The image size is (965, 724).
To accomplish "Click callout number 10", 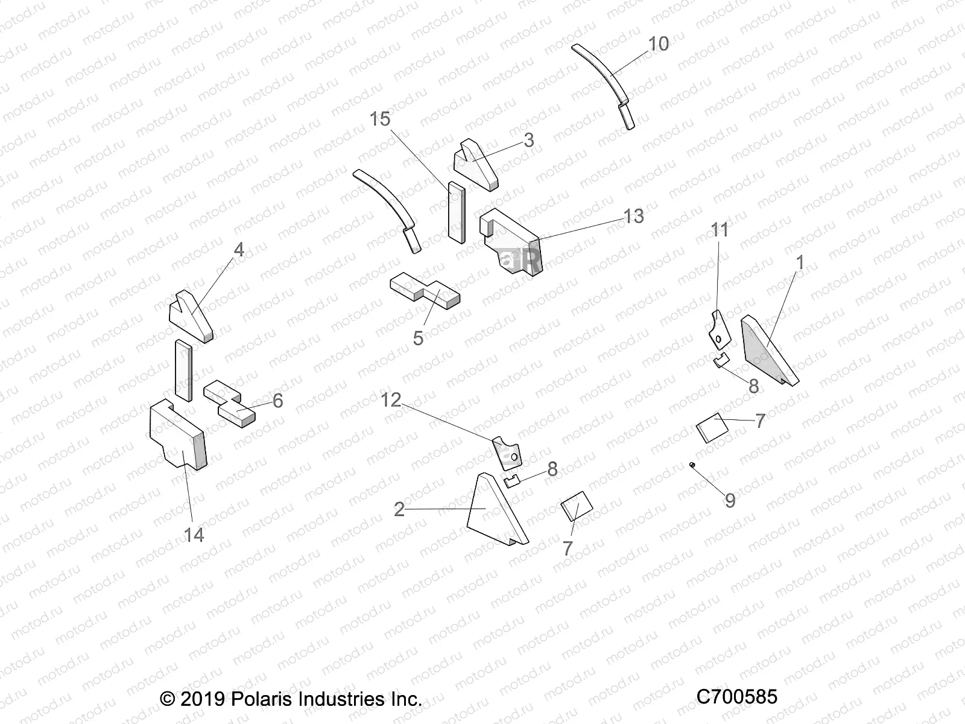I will [659, 44].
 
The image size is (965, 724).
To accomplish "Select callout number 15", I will [380, 119].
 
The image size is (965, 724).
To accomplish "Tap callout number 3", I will [529, 141].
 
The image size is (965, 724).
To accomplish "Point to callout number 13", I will [633, 216].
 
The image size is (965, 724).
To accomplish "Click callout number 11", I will [720, 230].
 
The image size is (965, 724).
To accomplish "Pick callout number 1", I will [800, 263].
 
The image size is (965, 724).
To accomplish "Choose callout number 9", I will [730, 500].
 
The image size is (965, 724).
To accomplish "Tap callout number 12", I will [391, 399].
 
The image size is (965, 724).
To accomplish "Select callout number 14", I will [194, 535].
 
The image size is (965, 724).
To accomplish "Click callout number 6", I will [277, 401].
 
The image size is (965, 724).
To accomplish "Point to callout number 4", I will [239, 249].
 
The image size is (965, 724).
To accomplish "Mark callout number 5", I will [419, 338].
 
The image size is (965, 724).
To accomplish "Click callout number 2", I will [399, 510].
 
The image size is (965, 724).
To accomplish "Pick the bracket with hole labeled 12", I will [507, 453].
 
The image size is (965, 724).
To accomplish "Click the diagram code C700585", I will [736, 697].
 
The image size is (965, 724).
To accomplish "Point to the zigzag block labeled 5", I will [425, 290].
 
